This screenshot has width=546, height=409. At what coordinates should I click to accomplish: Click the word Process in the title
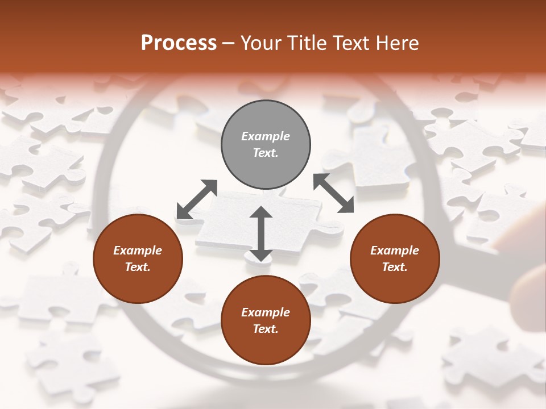[179, 43]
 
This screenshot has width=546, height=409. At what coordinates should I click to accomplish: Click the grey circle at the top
[266, 145]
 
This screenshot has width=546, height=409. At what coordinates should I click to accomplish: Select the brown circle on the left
[138, 259]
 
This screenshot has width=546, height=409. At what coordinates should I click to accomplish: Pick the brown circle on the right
[395, 259]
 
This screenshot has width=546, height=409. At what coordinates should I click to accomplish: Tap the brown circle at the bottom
[266, 320]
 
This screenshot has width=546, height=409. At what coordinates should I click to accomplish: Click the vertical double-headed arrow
[261, 233]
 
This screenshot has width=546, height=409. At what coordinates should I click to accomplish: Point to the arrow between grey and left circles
[197, 199]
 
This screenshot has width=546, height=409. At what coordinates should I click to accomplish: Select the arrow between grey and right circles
[334, 193]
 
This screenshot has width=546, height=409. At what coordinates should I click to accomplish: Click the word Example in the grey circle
[266, 136]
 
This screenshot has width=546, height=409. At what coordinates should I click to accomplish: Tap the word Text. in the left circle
[138, 267]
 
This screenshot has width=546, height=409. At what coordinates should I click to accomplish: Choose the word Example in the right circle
[395, 251]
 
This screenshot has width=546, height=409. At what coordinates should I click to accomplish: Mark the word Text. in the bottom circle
[266, 329]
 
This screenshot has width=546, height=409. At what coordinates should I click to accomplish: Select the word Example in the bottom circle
[266, 312]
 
